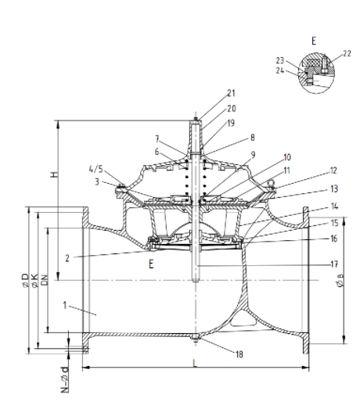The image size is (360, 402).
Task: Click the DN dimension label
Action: [x=44, y=278]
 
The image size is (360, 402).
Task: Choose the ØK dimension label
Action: [x=34, y=278]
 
